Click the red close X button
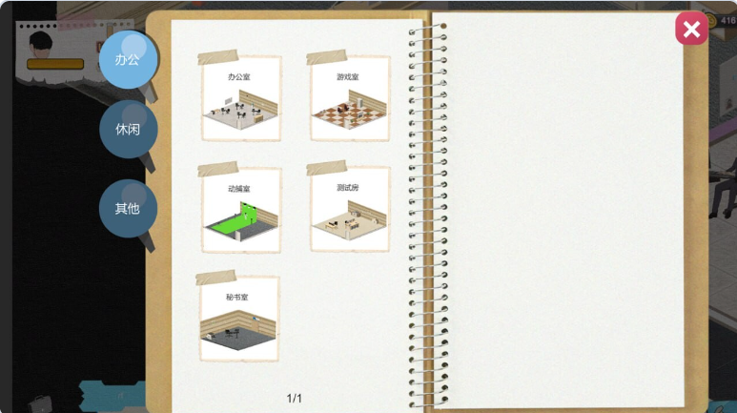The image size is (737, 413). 691,30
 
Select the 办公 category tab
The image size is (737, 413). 128,60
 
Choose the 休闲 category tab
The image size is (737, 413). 128,129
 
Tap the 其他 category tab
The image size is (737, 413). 128,208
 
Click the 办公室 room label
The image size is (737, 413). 238,76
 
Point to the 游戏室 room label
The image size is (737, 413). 348,76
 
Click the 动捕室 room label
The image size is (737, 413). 238,189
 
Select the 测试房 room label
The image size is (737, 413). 348,188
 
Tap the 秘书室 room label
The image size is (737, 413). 236,298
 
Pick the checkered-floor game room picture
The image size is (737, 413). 350,110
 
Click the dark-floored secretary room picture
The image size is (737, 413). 237,330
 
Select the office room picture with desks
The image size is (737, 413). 241,110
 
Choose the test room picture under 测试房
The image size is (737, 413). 350,219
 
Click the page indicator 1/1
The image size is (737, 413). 295,399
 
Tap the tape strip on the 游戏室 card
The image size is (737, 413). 327,57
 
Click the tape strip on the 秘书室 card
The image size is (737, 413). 215,277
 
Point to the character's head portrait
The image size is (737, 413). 41,44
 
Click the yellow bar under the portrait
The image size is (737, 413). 55,64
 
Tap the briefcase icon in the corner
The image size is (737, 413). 39,403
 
